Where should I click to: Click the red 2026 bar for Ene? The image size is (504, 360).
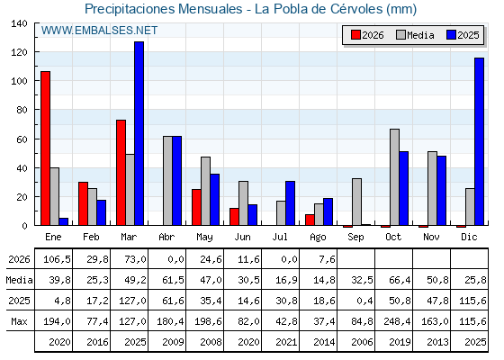(x=45, y=148)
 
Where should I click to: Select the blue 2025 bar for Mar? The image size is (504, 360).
(x=139, y=133)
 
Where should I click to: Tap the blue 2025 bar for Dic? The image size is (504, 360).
(x=479, y=141)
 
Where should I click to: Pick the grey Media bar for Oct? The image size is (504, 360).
(x=395, y=177)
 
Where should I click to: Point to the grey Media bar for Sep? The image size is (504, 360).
(x=356, y=202)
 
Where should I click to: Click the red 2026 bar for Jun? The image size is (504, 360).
(x=234, y=217)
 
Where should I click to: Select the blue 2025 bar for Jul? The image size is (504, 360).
(x=290, y=203)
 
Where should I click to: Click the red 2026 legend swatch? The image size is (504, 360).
(x=355, y=35)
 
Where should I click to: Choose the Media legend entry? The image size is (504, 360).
(x=415, y=35)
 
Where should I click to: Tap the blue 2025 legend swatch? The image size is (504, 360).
(x=451, y=35)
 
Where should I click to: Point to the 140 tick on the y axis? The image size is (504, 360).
(x=36, y=23)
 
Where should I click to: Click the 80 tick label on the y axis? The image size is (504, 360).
(x=22, y=110)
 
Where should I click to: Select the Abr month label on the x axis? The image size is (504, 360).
(x=166, y=238)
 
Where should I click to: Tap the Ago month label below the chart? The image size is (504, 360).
(x=318, y=238)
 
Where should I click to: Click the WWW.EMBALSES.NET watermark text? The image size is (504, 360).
(x=99, y=31)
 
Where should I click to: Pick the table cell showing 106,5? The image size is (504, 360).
(x=57, y=259)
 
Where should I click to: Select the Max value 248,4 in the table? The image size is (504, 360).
(x=397, y=321)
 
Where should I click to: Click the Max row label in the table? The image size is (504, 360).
(x=19, y=321)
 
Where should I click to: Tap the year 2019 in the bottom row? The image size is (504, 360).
(x=400, y=342)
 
